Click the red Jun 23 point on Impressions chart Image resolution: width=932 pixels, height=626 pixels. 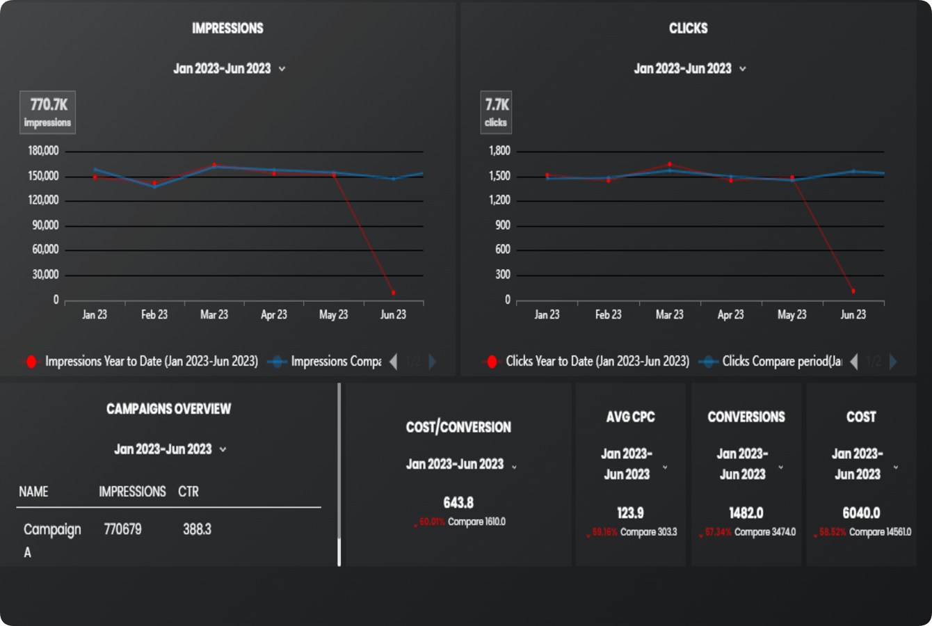(x=394, y=293)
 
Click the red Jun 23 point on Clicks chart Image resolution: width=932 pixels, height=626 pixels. (x=853, y=291)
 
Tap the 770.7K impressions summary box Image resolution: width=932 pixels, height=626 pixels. (x=47, y=112)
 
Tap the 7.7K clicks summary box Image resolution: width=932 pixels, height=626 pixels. (x=496, y=112)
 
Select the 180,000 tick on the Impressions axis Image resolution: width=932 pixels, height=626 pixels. (x=43, y=151)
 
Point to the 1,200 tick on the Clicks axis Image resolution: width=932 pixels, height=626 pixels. (x=499, y=200)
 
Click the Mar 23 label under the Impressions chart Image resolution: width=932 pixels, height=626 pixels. (x=214, y=315)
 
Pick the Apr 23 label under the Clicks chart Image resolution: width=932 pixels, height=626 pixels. (x=730, y=315)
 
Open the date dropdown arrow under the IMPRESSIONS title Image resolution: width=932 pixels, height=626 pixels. (x=282, y=69)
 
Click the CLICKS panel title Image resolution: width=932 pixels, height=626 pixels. (x=688, y=29)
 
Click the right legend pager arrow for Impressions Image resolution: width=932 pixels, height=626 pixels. (x=433, y=362)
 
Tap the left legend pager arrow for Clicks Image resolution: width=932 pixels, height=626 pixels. (x=854, y=362)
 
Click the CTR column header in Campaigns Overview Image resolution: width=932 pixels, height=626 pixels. (x=188, y=492)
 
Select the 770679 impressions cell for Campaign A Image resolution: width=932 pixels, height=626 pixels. (x=122, y=529)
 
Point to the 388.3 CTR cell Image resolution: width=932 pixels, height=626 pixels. (x=197, y=529)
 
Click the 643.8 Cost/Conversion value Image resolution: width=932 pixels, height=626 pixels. (x=458, y=503)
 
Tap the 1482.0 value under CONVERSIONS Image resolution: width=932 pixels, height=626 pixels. (x=746, y=513)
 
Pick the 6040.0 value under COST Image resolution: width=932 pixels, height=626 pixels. (x=861, y=513)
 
